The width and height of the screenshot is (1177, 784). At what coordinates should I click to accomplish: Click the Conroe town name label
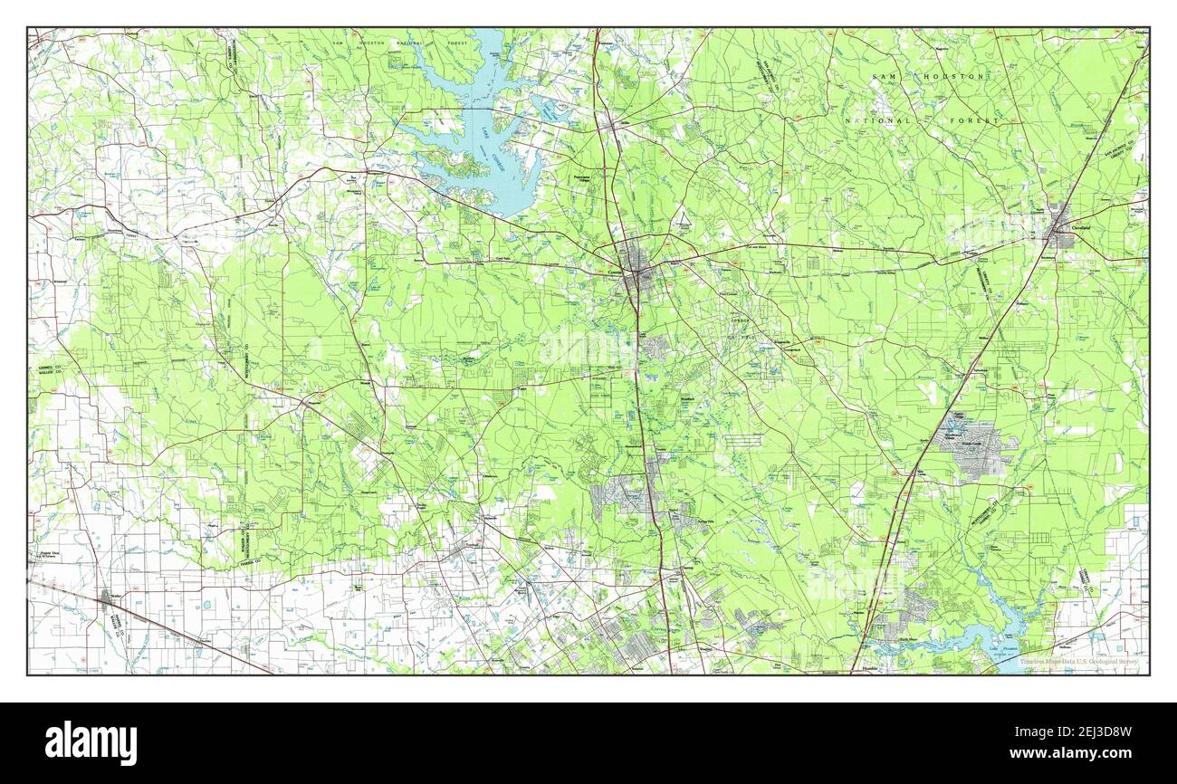click(616, 271)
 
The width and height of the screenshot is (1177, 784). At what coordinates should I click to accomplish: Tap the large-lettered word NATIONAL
click(877, 120)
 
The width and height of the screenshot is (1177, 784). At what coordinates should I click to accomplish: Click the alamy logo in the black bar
click(91, 742)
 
